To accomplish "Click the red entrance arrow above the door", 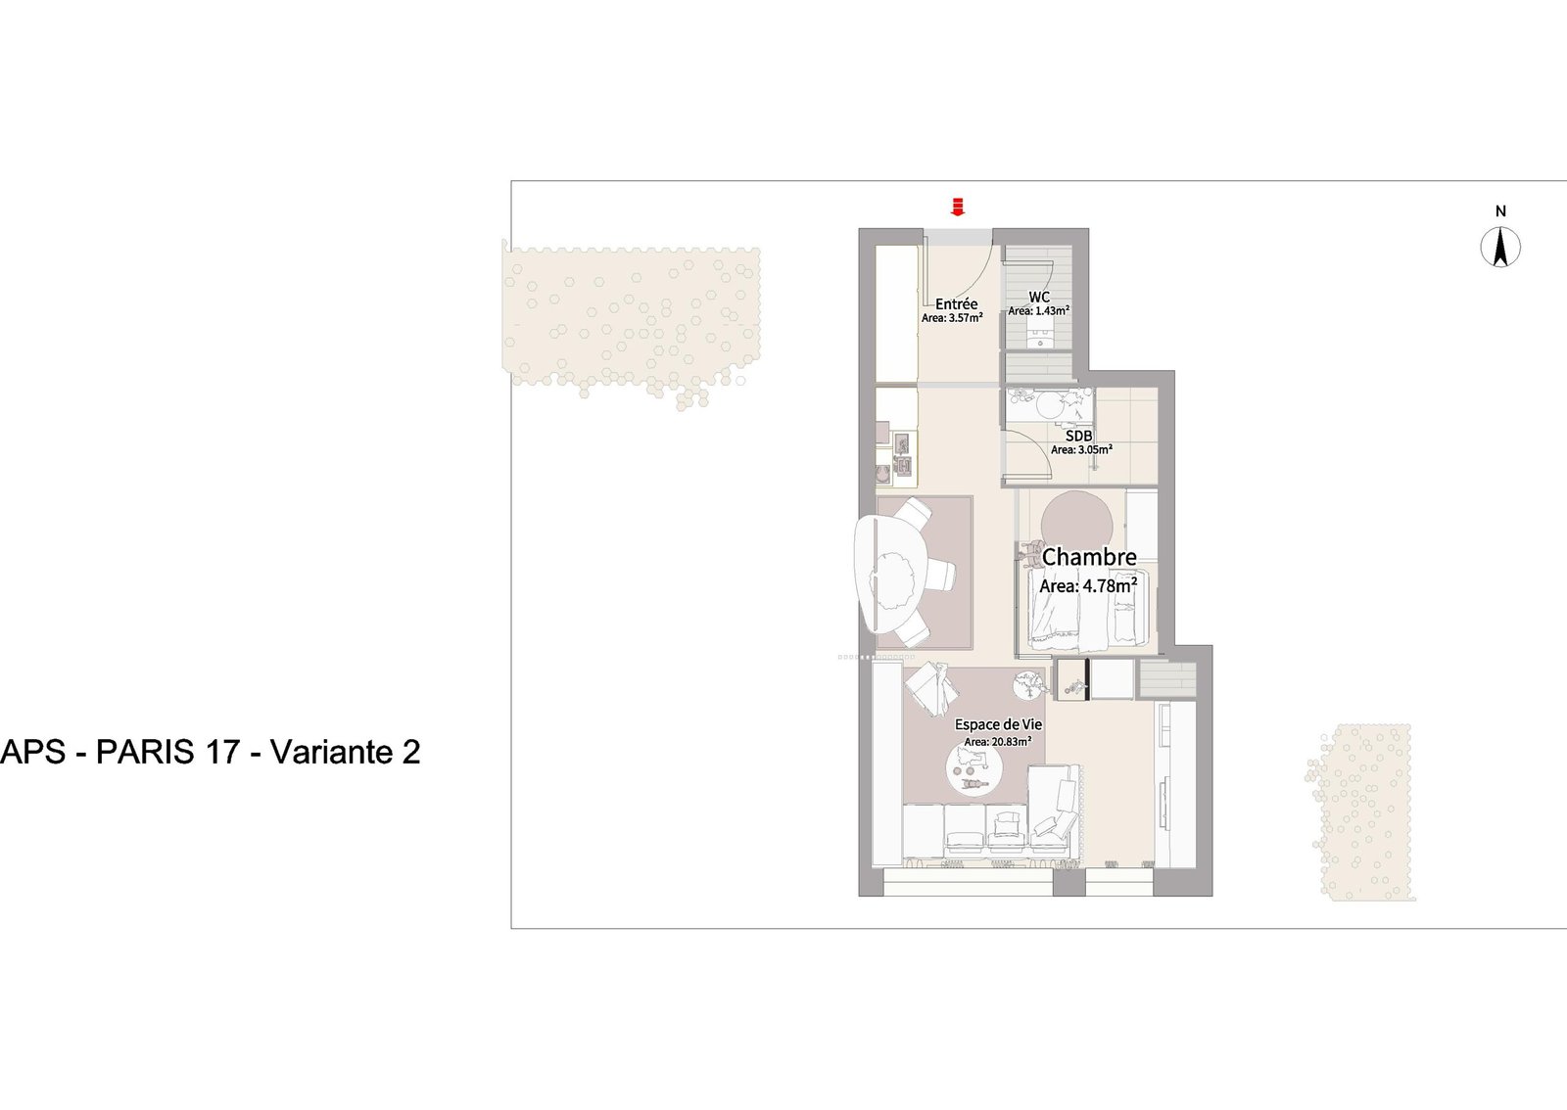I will point(958,206).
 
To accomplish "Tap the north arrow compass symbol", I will point(1499,247).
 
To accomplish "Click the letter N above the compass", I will point(1500,211).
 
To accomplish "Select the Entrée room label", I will point(956,304).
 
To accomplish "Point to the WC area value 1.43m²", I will point(1038,311).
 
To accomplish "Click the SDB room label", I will point(1079,437).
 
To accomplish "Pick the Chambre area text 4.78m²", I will point(1088,586).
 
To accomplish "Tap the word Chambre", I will point(1089,557).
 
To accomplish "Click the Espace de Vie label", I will point(998,725).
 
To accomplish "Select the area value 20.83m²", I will point(997,742).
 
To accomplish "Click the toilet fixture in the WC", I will point(1040,338).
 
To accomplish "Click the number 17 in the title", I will point(223,752).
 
